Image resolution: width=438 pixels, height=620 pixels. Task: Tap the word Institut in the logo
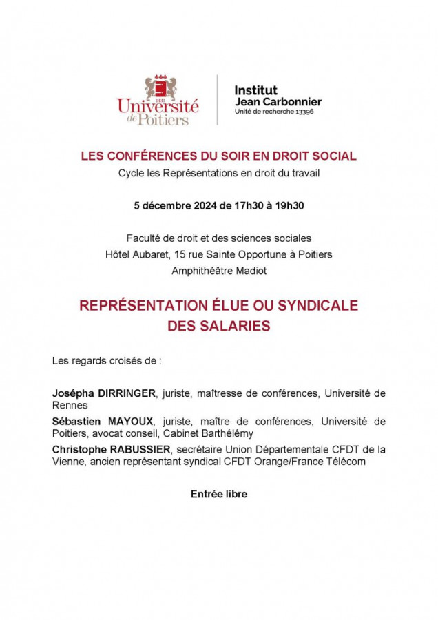click(x=256, y=90)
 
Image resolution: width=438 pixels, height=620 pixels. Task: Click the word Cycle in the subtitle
click(x=131, y=174)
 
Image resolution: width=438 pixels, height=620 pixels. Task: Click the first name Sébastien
click(x=77, y=421)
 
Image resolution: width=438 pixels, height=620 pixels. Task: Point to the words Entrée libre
click(x=219, y=494)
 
